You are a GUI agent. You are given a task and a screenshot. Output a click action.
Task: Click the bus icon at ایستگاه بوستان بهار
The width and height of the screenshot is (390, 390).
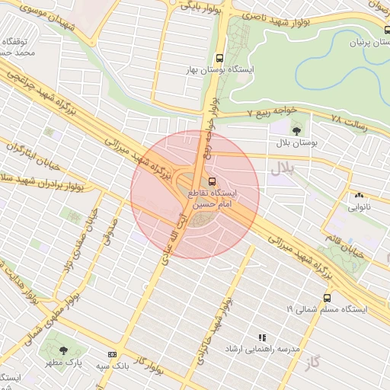(220, 58)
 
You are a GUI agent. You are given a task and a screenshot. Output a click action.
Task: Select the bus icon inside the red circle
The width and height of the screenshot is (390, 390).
(213, 182)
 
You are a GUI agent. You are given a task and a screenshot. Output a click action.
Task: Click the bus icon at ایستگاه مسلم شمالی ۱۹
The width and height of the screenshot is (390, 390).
(327, 298)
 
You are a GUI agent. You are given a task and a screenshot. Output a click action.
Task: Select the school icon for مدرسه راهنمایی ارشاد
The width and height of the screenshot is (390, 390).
(263, 336)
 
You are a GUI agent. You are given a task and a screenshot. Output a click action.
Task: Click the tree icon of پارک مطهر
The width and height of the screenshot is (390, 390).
(63, 350)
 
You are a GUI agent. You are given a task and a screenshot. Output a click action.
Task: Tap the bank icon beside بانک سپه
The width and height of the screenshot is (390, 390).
(113, 355)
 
